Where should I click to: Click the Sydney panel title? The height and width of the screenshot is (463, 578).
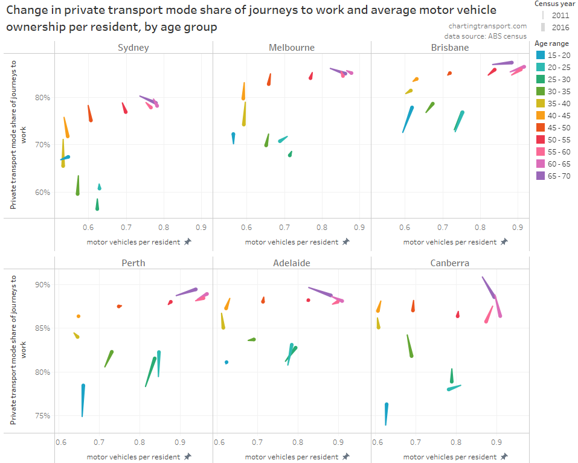pyautogui.click(x=133, y=48)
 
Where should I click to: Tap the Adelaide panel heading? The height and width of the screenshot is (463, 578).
pyautogui.click(x=292, y=263)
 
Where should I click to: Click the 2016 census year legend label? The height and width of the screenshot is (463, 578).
pyautogui.click(x=560, y=27)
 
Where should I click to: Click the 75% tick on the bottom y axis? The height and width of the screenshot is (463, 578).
pyautogui.click(x=42, y=416)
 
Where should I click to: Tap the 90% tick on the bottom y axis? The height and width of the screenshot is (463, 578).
pyautogui.click(x=42, y=284)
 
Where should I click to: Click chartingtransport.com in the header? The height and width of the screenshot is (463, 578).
pyautogui.click(x=487, y=26)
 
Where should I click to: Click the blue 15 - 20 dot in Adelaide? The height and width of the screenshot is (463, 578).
pyautogui.click(x=226, y=362)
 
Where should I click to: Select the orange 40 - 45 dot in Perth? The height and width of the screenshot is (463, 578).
pyautogui.click(x=79, y=316)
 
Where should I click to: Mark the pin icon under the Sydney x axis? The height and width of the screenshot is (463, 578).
pyautogui.click(x=187, y=241)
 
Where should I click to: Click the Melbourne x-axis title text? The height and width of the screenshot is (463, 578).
pyautogui.click(x=292, y=242)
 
